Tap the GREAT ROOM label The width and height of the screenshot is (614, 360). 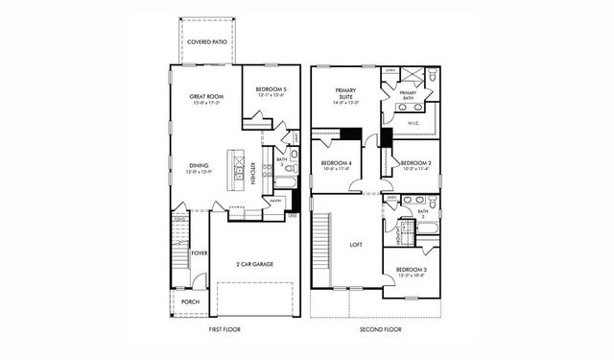coord(205,96)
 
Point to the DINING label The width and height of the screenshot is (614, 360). coord(199,165)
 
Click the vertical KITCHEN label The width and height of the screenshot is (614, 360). coord(252,175)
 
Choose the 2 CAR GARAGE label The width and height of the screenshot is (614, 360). coord(254,263)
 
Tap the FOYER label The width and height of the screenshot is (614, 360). coord(200,253)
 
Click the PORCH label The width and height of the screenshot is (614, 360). coord(191,301)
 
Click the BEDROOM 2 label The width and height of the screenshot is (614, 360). coord(414,164)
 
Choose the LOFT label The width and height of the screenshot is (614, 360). coord(355,244)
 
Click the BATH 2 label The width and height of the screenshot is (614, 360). coord(423,213)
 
